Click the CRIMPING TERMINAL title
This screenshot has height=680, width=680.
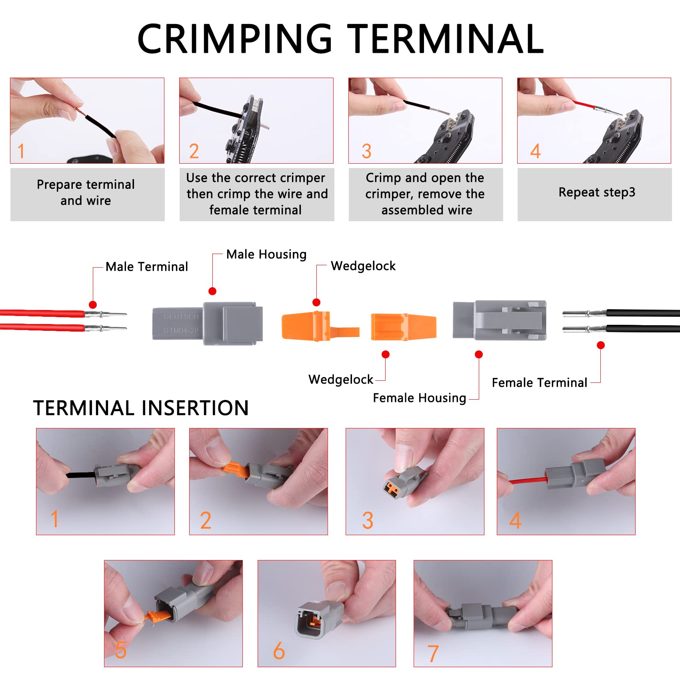(x=340, y=39)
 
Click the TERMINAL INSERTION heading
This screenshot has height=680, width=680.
(x=141, y=408)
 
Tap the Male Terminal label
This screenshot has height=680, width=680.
(x=146, y=267)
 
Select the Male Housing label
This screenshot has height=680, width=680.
(x=266, y=254)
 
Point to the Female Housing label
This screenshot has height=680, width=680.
(x=419, y=398)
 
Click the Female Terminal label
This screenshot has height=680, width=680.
(x=539, y=383)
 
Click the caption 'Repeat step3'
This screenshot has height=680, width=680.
(x=596, y=192)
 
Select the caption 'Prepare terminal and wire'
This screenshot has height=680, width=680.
(x=86, y=192)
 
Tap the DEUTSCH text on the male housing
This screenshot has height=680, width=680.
(x=181, y=317)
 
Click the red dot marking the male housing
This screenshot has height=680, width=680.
(x=212, y=291)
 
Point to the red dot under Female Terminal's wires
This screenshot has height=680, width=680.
(x=600, y=345)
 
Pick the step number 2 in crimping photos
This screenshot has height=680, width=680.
(x=194, y=151)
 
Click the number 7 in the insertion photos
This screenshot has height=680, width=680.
(x=433, y=654)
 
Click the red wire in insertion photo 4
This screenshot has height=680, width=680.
(x=528, y=480)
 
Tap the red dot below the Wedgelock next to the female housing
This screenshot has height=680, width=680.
(x=386, y=354)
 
